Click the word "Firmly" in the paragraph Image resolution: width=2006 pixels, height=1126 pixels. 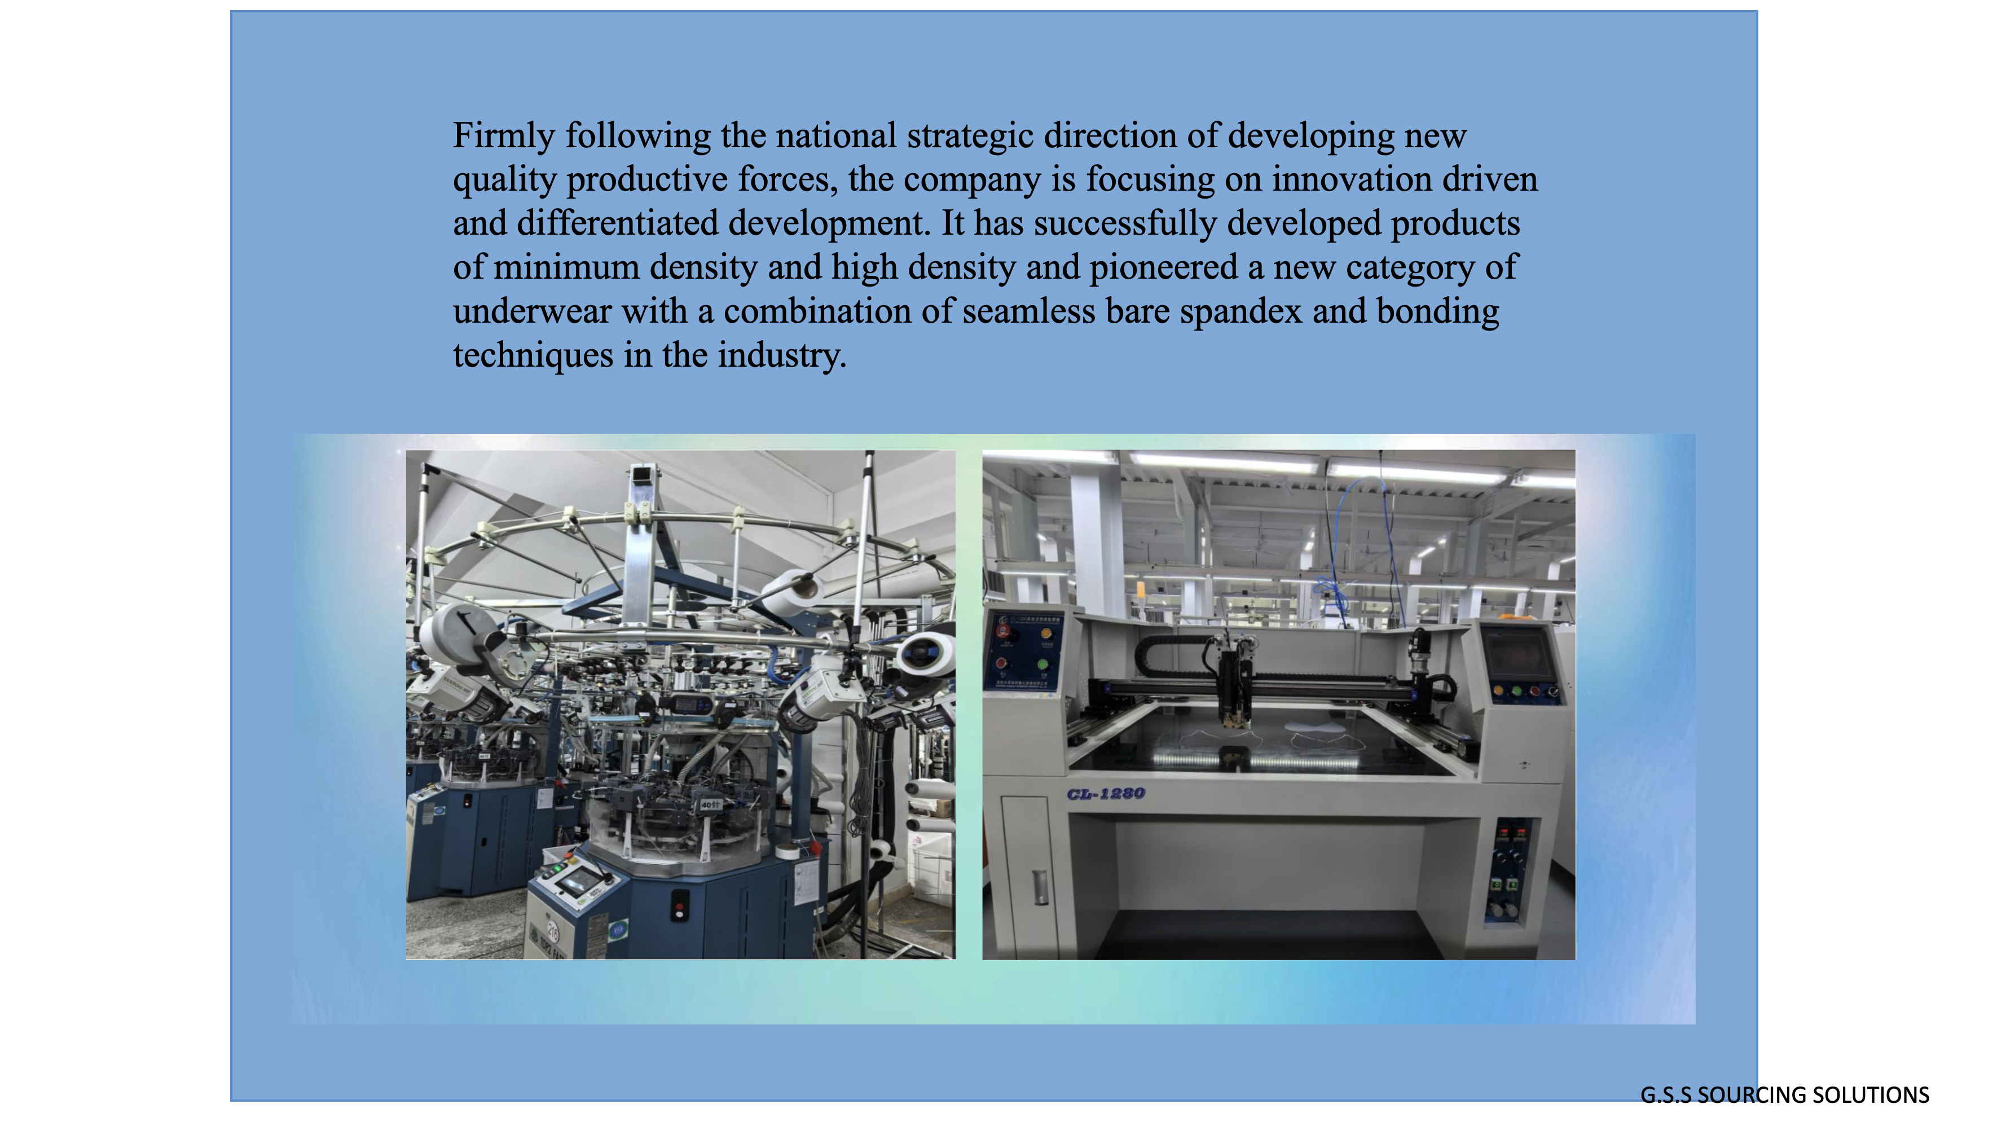(503, 137)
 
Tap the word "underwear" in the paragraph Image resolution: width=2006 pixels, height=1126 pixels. (532, 311)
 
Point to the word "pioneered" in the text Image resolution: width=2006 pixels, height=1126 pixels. (1163, 268)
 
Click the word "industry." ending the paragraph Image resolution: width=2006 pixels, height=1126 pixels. (781, 356)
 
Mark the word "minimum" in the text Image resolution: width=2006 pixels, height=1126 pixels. (566, 268)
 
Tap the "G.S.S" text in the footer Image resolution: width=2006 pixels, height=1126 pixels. (1666, 1095)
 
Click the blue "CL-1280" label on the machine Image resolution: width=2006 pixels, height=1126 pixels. (1106, 794)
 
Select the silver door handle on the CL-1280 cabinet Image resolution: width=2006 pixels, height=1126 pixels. (1040, 887)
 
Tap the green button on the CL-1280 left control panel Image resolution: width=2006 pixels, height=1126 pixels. (1042, 664)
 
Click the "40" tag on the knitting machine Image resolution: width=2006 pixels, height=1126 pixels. (710, 804)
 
